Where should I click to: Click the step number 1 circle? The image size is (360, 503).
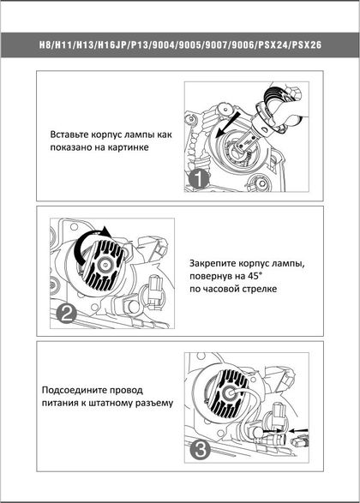[x=199, y=179]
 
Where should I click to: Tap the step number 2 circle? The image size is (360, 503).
[x=66, y=314]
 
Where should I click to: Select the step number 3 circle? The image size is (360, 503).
[x=201, y=449]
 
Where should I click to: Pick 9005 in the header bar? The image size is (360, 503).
[x=189, y=45]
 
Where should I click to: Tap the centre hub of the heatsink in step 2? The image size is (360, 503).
[x=105, y=264]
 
